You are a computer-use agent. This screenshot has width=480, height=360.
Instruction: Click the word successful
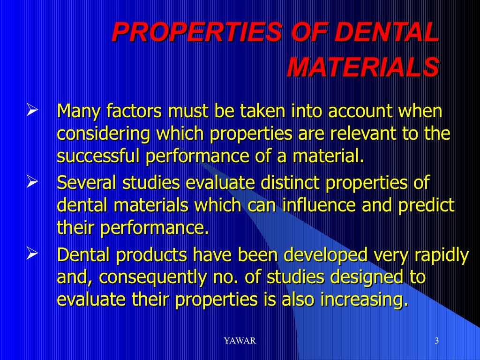click(98, 157)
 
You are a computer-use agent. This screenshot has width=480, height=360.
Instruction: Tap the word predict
click(427, 205)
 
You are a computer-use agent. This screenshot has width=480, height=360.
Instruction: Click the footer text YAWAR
click(240, 341)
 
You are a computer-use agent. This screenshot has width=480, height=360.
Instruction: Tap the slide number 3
click(436, 341)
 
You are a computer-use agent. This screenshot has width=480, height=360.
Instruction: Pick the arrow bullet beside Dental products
click(32, 255)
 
